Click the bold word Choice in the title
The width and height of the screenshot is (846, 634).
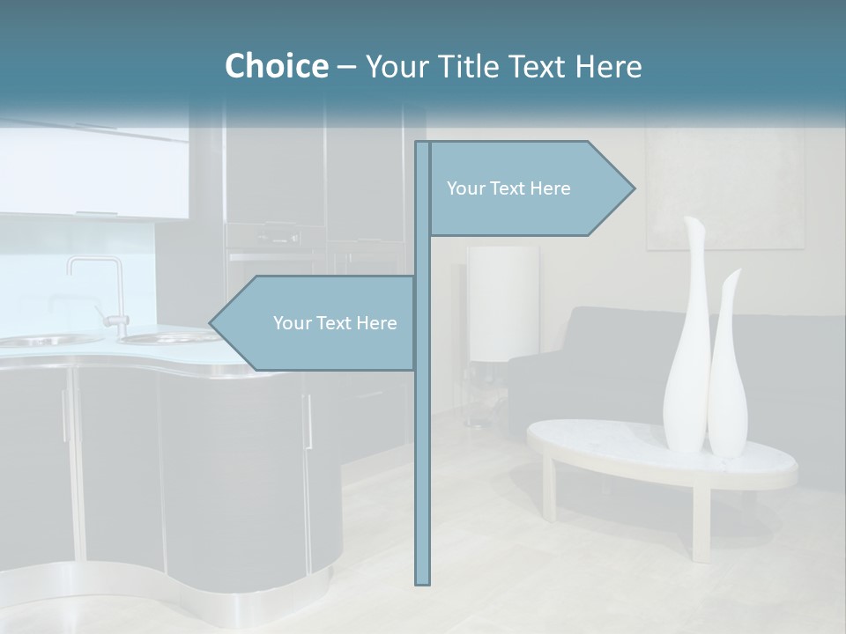point(276,66)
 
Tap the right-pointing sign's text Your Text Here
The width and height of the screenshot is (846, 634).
point(508,188)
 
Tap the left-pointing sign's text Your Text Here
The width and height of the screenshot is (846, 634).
point(335,323)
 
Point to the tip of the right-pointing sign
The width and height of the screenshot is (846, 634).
point(633,188)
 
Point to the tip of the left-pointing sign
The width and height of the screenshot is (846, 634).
point(211,323)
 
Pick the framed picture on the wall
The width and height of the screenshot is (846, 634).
point(724,189)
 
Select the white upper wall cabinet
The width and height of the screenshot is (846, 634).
point(97,172)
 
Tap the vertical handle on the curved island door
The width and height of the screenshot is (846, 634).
point(308,423)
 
